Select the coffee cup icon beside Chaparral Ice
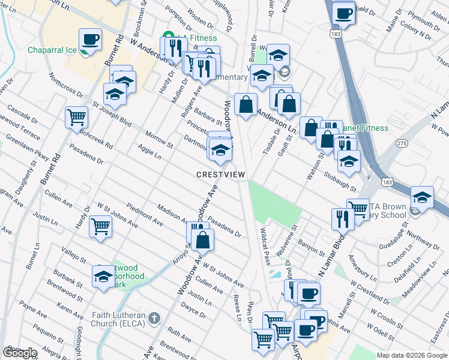point(91,40)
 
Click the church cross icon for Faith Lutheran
point(154,317)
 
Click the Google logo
point(20,353)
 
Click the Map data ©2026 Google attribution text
point(411,355)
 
